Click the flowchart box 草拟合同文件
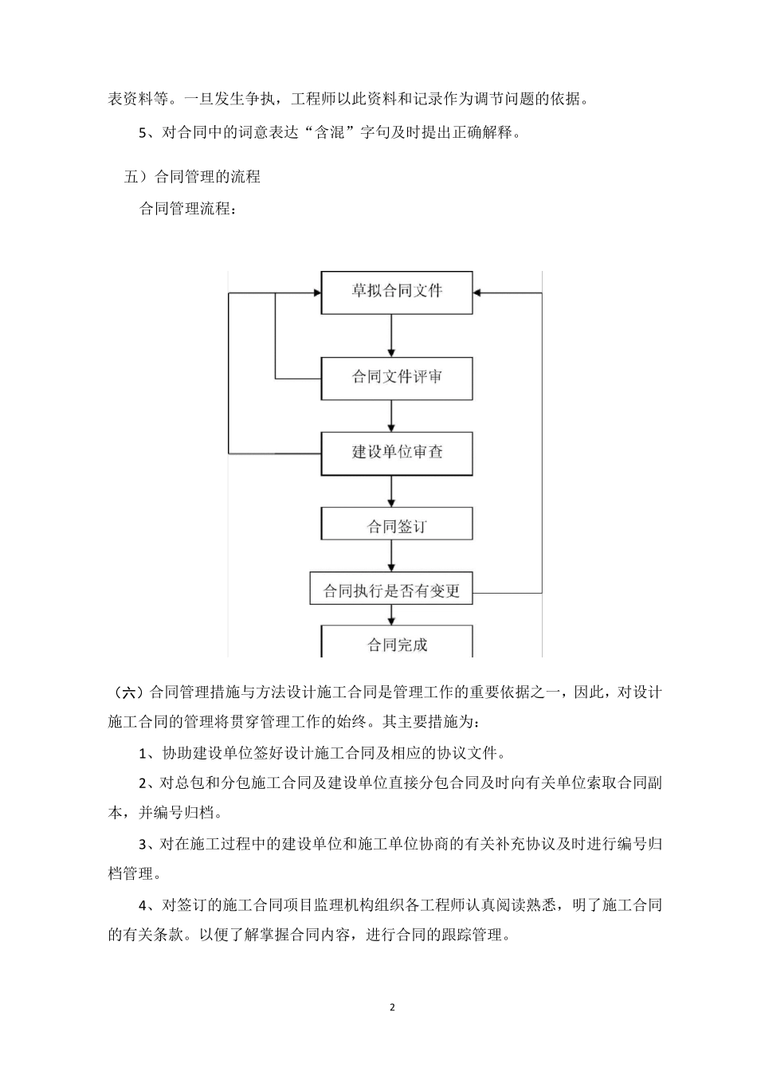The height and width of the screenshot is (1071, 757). pyautogui.click(x=396, y=292)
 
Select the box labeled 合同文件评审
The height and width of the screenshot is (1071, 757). pyautogui.click(x=396, y=378)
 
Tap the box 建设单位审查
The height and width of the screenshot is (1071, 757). pyautogui.click(x=396, y=453)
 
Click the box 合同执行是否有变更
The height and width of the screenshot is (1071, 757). pyautogui.click(x=391, y=591)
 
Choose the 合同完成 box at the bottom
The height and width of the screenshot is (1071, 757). pyautogui.click(x=396, y=643)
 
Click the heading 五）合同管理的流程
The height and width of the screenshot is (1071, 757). pyautogui.click(x=192, y=177)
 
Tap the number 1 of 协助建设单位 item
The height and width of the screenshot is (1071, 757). pyautogui.click(x=143, y=753)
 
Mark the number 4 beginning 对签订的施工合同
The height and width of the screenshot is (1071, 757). pyautogui.click(x=143, y=904)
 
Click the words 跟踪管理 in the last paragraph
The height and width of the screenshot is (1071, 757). pyautogui.click(x=480, y=935)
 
